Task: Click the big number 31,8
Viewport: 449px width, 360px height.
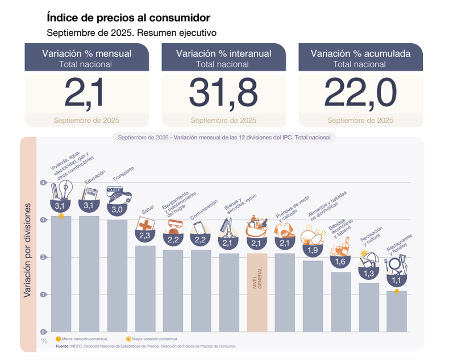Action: pos(223,92)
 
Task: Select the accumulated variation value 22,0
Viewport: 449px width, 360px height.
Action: pos(360,92)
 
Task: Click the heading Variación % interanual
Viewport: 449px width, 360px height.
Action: pos(223,53)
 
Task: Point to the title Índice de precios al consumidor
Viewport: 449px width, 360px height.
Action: pos(128,18)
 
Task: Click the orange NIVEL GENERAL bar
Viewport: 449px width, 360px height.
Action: pos(257,292)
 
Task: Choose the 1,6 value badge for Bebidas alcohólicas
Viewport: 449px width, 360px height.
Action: pos(340,262)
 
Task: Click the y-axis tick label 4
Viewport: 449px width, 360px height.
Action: pos(43,183)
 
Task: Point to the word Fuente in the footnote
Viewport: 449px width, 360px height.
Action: pos(62,346)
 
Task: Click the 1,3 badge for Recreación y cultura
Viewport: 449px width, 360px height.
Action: pos(368,274)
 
